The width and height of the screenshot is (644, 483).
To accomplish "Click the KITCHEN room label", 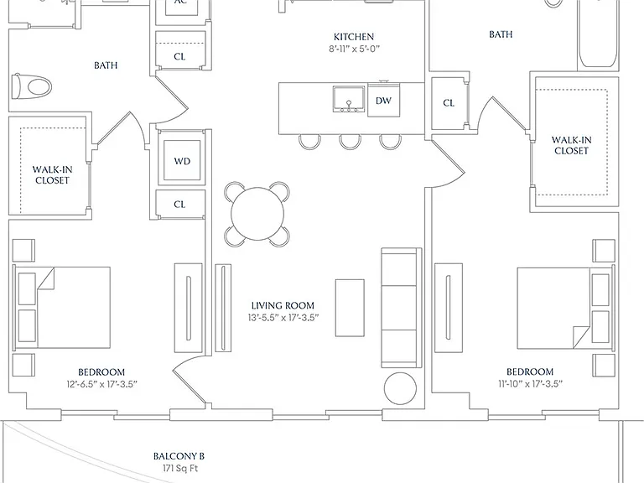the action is tap(354, 37).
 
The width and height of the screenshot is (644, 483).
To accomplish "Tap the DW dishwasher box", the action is tap(383, 100).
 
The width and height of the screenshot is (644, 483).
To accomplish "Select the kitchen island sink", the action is tap(349, 99).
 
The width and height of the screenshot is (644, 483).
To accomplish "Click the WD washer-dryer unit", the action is tap(182, 161).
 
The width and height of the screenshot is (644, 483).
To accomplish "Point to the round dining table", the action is tap(257, 214).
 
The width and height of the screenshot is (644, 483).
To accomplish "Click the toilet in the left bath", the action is tap(32, 86).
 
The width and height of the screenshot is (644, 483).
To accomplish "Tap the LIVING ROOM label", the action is tap(283, 305).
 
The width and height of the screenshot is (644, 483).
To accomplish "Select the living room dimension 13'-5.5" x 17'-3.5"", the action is tap(283, 318).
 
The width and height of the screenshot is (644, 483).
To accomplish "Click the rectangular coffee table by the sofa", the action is tap(350, 308).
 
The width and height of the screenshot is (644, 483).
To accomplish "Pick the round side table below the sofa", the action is tap(401, 388).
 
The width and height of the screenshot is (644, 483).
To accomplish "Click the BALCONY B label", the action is tap(179, 456).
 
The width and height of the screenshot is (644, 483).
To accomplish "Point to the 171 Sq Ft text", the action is tap(181, 468).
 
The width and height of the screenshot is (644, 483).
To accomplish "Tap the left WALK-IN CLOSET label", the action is tap(52, 175).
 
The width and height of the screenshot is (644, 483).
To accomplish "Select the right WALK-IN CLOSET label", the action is tap(571, 145).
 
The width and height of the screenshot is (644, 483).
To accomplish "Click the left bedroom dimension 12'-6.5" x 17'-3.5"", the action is tap(101, 384).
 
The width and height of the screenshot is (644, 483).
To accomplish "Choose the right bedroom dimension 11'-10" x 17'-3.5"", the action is tap(530, 383).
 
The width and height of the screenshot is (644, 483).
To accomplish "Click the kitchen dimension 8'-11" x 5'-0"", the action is tap(354, 49).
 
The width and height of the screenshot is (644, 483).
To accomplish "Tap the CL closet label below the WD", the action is tap(179, 204).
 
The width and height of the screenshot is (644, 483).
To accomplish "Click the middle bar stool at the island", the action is tap(350, 142).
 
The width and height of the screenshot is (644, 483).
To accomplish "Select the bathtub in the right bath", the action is tap(598, 35).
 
